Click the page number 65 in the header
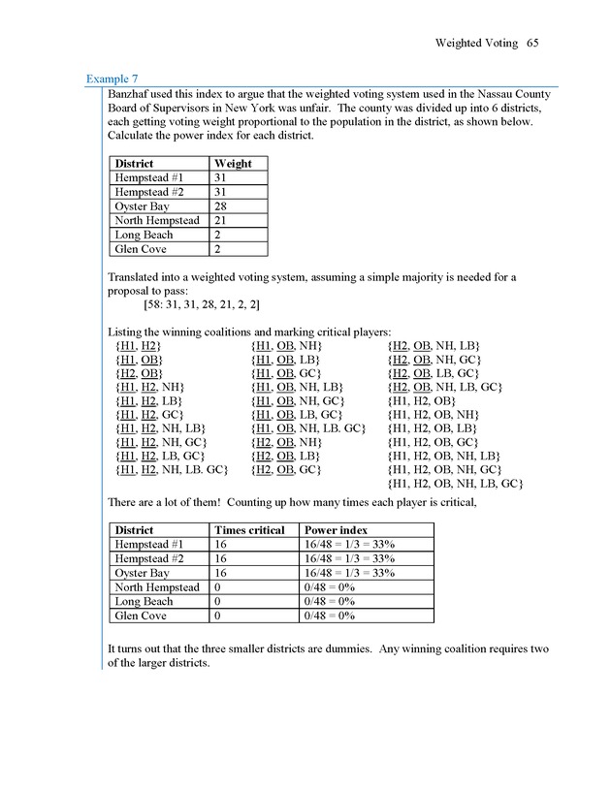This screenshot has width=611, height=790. tap(533, 43)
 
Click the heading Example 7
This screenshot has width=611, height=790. tap(113, 77)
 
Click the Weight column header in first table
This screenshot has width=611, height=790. tap(233, 164)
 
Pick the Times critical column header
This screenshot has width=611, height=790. tap(248, 530)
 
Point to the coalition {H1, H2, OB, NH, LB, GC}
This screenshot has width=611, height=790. tap(456, 483)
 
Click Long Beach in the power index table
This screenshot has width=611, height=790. tap(145, 601)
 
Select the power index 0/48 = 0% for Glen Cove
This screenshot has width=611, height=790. tap(330, 616)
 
